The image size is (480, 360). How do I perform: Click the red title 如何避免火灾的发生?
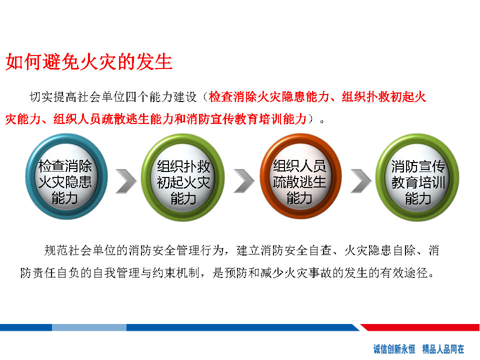coord(89,62)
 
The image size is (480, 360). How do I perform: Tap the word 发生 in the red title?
coord(154,62)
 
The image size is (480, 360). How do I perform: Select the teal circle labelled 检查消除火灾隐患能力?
coord(66,176)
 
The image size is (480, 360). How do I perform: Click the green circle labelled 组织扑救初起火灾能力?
coord(183,177)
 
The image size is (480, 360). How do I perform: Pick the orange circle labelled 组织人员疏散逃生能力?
coord(300,176)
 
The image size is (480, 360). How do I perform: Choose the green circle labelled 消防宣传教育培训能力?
coord(417,177)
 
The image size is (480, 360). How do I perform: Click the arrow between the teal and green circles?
coord(126,181)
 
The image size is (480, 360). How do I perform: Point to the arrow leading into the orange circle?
coord(244,181)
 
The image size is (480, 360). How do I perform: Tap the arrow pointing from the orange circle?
coord(361,181)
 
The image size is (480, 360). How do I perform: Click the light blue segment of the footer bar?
coord(89,327)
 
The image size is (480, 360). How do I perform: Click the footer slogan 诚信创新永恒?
coord(394,349)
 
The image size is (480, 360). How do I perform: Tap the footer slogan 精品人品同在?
coord(443,349)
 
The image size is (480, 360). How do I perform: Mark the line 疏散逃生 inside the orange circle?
coord(299,182)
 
